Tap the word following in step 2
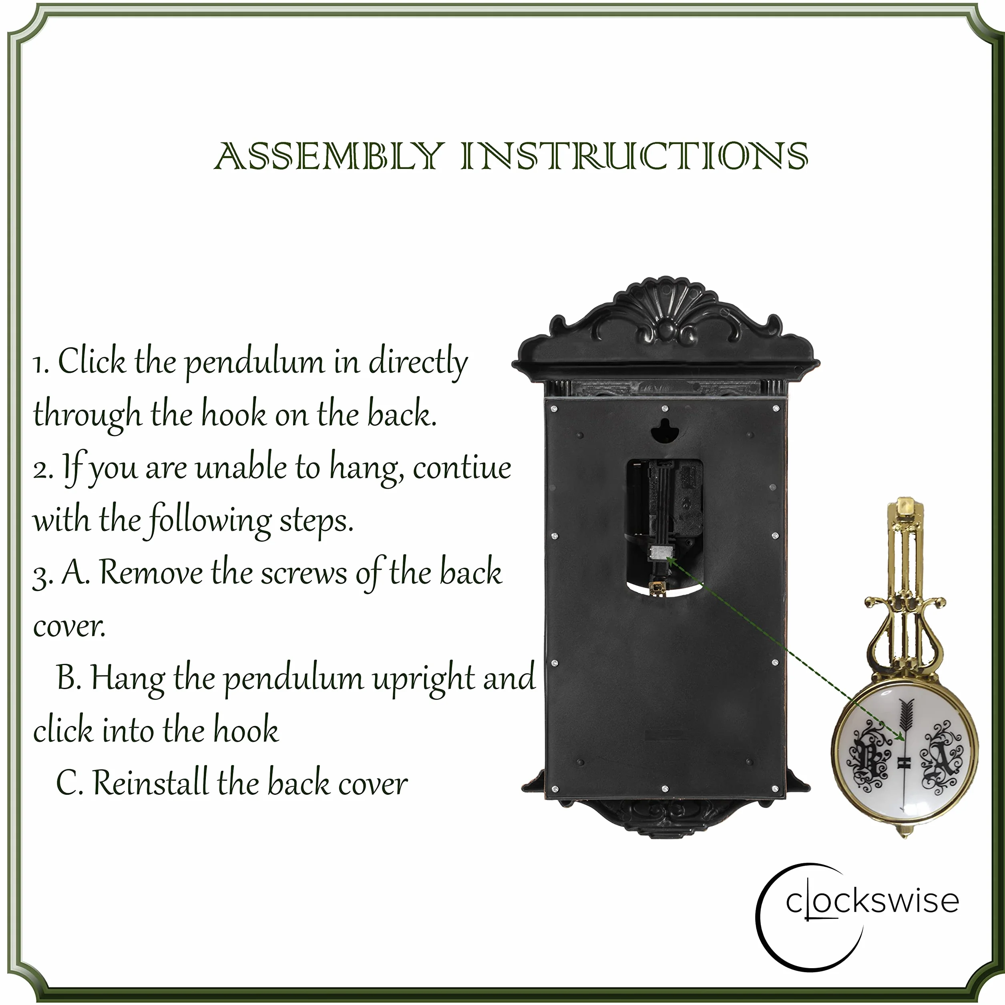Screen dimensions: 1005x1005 [x=210, y=520]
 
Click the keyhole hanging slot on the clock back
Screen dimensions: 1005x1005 [x=664, y=430]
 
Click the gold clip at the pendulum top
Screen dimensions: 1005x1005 [x=906, y=509]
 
